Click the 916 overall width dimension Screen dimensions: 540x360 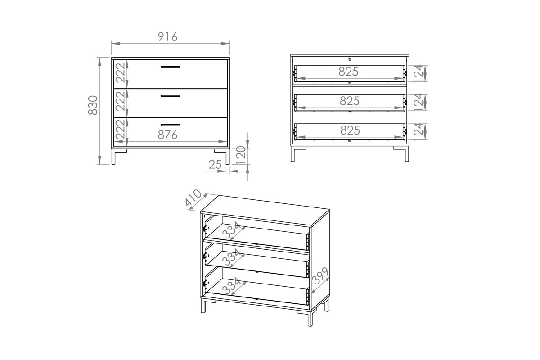coord(167,37)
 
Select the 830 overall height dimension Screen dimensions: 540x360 coord(93,105)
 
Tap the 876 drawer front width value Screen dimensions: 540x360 coord(167,135)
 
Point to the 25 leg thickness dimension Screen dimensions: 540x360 coord(215,165)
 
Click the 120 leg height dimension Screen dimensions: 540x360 coord(241,155)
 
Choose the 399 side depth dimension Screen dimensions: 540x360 coord(320,276)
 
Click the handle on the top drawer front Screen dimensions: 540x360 coord(171,67)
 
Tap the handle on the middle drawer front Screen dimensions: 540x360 coord(171,96)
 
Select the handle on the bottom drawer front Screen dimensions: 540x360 coord(171,125)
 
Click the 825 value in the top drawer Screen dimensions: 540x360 coord(348,72)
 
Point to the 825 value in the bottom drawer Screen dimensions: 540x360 coord(350,130)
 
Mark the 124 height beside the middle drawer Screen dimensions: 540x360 coord(418,103)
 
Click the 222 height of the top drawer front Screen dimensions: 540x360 coord(120,73)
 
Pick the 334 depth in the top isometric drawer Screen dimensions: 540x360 coord(231,229)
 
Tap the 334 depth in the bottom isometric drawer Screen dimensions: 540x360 coord(231,285)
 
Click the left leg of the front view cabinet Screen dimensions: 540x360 coord(113,157)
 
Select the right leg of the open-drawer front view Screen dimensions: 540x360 coord(407,154)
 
